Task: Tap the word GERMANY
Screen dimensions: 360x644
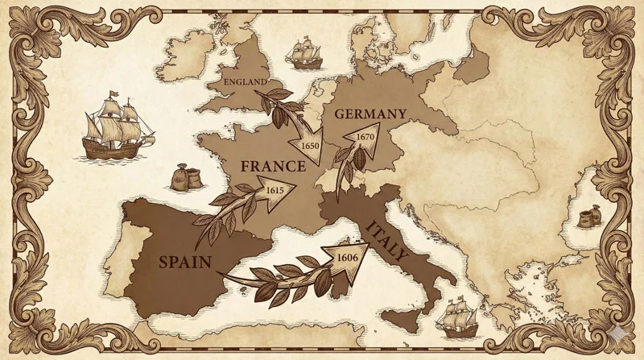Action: tap(369, 114)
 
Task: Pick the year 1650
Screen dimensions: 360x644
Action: tap(311, 146)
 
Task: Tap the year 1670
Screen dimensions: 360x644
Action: tap(365, 137)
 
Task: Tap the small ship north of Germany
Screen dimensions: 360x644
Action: tap(305, 54)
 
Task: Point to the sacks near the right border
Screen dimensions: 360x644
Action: tap(589, 217)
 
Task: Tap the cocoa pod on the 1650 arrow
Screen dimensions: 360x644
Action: tap(276, 116)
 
